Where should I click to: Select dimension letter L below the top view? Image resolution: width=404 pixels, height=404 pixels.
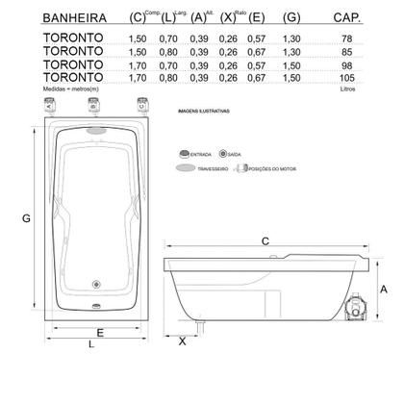pyautogui.click(x=90, y=344)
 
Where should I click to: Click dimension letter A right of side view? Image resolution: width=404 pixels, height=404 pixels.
pyautogui.click(x=382, y=288)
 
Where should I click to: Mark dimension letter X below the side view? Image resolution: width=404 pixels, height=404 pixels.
pyautogui.click(x=182, y=340)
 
